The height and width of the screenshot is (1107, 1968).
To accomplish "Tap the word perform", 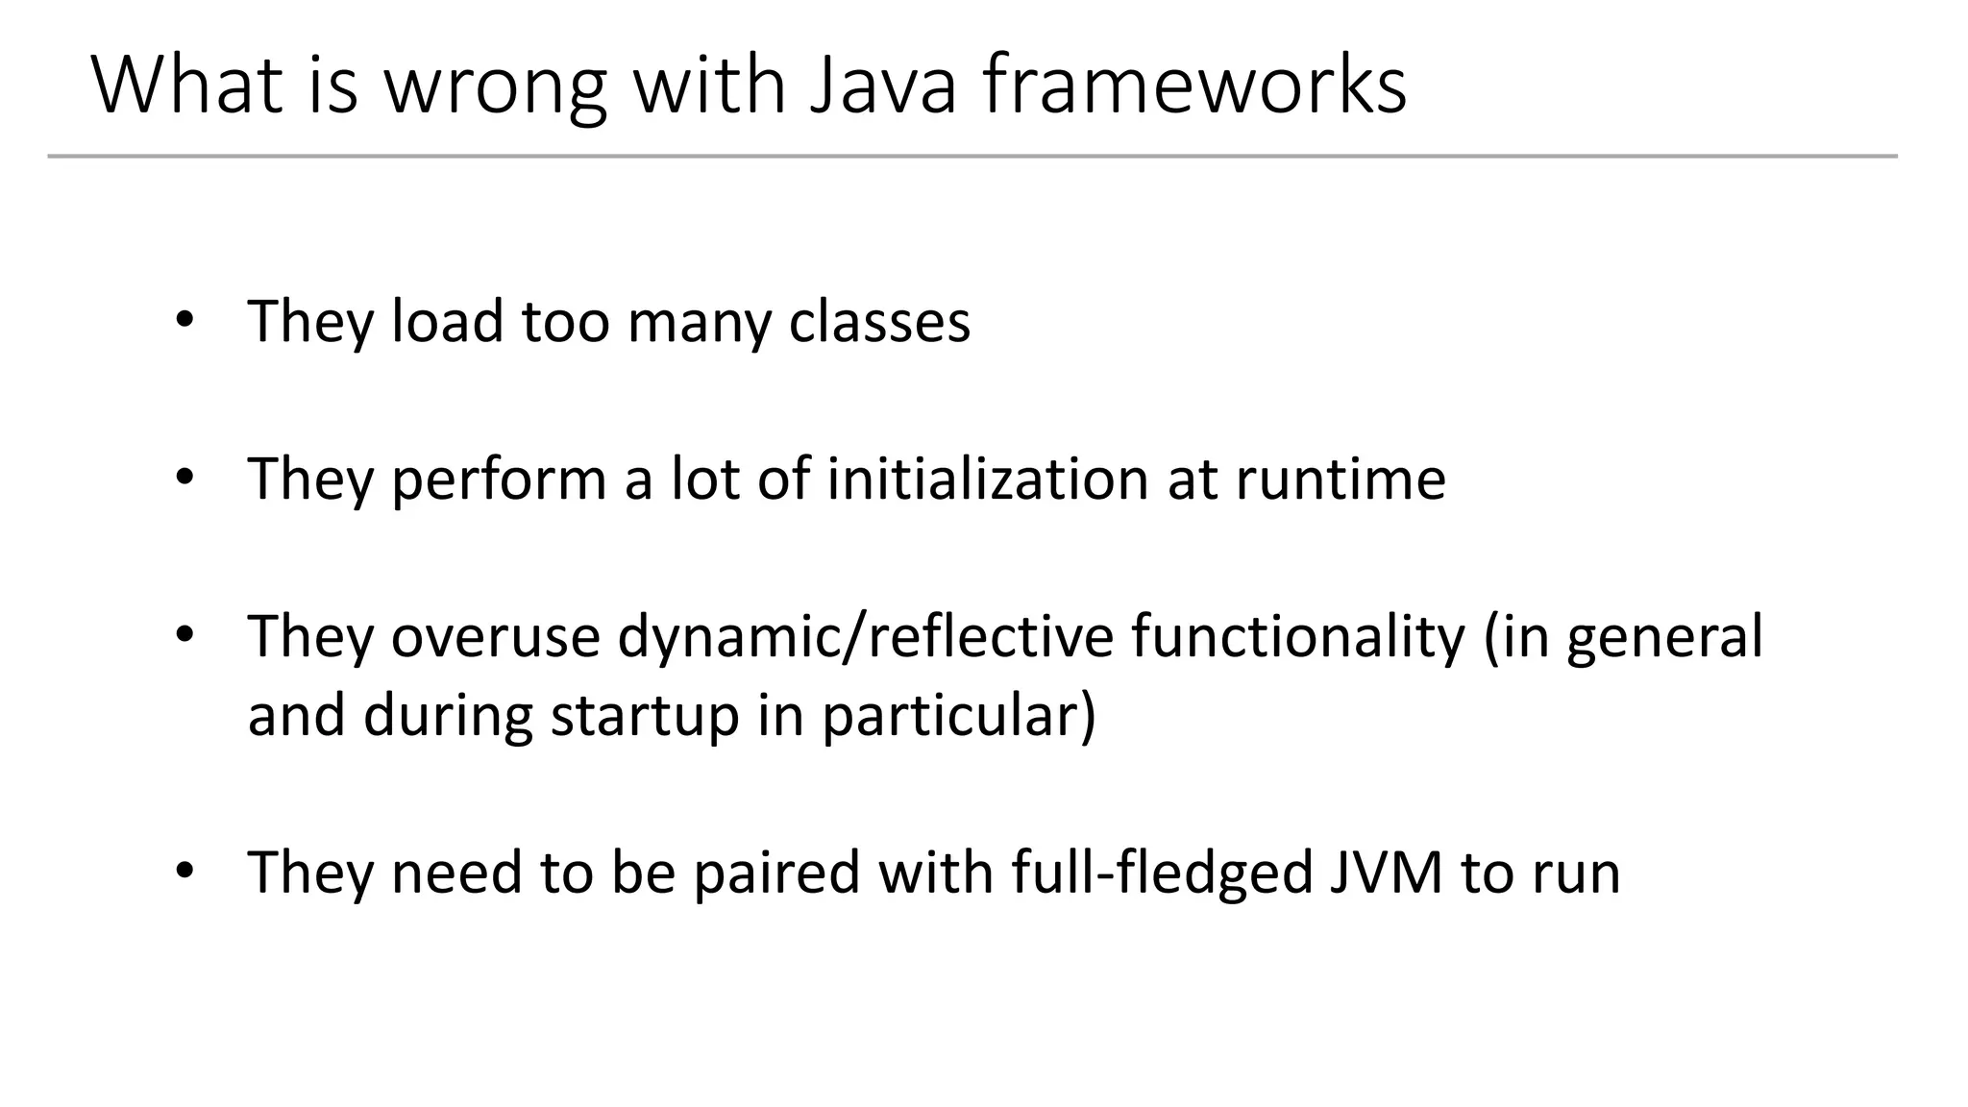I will click(499, 480).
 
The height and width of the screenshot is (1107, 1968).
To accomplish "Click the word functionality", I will click(1298, 638).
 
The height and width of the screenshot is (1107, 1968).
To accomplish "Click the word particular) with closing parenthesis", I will click(959, 718).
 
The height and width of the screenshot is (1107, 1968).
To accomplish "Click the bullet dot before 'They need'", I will click(185, 871).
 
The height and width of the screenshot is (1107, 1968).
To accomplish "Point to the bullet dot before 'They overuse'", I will click(185, 634).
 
